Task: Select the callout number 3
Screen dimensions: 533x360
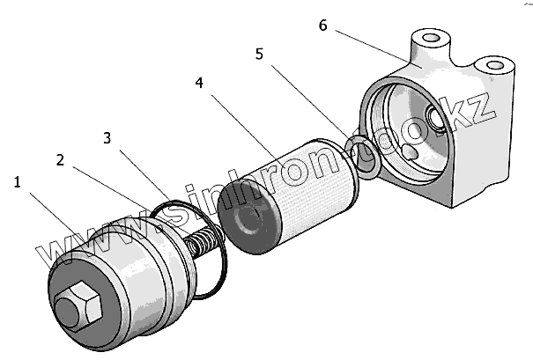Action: tap(107, 138)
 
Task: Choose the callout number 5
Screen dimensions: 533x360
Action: tap(259, 54)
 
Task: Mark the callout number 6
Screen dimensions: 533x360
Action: tap(323, 26)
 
